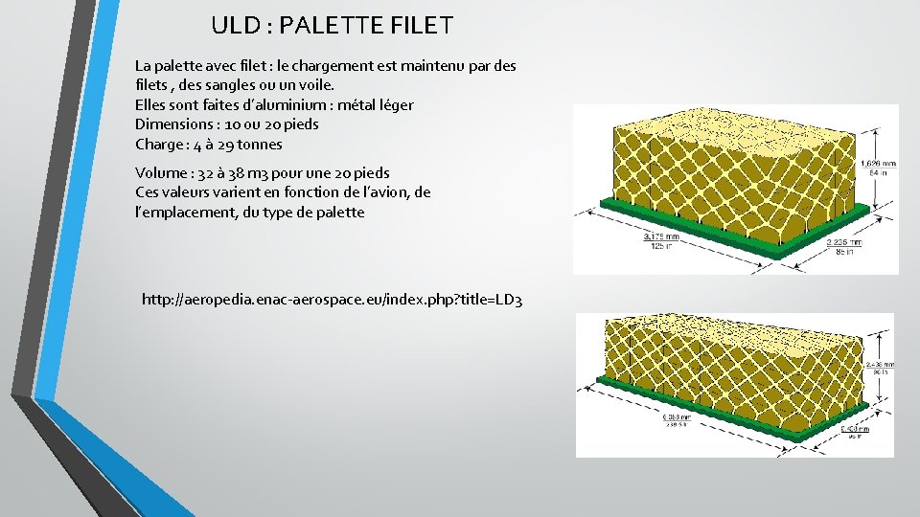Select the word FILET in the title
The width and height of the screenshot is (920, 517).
click(x=417, y=26)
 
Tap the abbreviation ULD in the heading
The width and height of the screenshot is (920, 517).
click(x=232, y=26)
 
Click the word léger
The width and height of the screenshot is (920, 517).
click(x=392, y=104)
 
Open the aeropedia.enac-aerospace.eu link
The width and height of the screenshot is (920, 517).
click(x=332, y=301)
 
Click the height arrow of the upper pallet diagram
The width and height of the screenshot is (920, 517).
click(x=858, y=168)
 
